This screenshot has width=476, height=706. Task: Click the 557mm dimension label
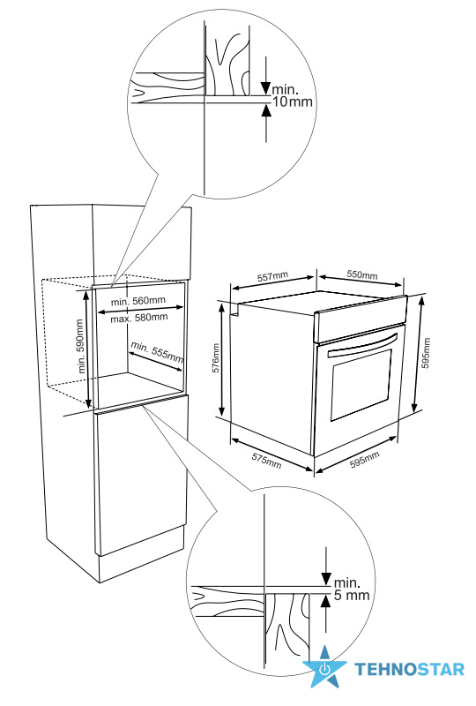point(272,277)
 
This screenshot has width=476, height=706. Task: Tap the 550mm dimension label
point(362,274)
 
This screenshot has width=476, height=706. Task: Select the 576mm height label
point(216,358)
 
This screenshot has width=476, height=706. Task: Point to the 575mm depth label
point(266,460)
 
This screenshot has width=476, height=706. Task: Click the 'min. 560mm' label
point(138,301)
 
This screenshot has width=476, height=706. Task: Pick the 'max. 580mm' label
point(139,318)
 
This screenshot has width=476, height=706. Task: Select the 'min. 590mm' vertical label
point(81,346)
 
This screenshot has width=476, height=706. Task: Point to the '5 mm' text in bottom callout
point(352,595)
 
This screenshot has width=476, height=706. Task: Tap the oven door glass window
point(361,384)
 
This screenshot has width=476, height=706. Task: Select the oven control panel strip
point(361,319)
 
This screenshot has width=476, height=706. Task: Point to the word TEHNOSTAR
point(409,669)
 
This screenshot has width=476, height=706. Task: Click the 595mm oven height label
point(427,353)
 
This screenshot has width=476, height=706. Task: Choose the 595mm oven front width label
point(364,459)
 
